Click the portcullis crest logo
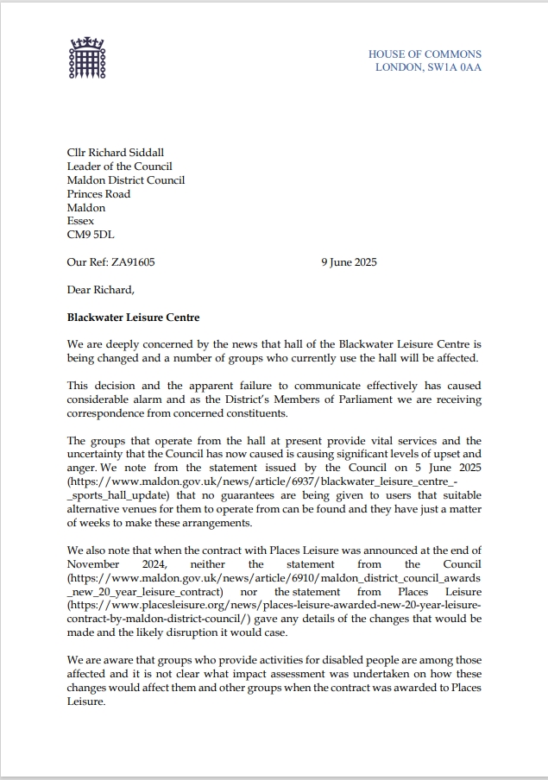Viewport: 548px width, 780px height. point(85,58)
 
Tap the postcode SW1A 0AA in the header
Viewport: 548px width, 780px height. point(458,67)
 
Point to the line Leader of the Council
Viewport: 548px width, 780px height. point(119,167)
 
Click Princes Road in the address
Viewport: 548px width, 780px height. point(98,194)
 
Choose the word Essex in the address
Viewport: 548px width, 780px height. point(81,221)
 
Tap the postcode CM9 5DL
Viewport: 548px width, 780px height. point(91,235)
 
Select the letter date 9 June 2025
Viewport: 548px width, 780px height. point(349,262)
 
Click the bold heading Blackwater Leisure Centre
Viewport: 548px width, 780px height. point(133,318)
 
